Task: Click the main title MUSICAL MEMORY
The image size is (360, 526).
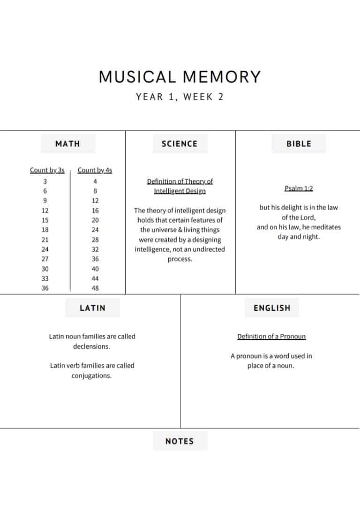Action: click(x=180, y=77)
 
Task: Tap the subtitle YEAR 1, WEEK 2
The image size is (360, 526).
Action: click(x=180, y=97)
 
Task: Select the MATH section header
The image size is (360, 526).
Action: click(x=67, y=144)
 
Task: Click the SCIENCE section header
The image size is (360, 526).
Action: click(x=180, y=144)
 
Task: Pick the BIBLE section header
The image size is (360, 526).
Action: click(x=299, y=144)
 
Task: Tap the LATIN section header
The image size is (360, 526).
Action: click(x=92, y=308)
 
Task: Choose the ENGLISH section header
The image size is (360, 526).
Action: click(x=272, y=308)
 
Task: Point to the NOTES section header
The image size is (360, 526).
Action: click(x=180, y=441)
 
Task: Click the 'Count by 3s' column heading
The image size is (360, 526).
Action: click(x=47, y=170)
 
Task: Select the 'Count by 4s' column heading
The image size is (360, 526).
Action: click(x=95, y=170)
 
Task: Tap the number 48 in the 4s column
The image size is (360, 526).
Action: click(x=95, y=288)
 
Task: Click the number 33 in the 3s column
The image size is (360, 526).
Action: click(x=45, y=278)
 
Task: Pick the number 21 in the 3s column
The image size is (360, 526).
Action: click(x=45, y=240)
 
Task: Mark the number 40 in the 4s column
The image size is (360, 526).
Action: click(x=95, y=269)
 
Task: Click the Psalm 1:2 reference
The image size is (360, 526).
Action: click(x=299, y=188)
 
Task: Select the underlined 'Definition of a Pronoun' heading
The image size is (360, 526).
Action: click(x=271, y=337)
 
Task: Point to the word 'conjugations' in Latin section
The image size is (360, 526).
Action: click(x=91, y=376)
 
